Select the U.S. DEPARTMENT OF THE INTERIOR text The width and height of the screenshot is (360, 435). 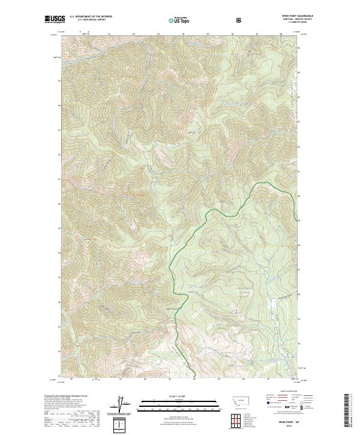91,16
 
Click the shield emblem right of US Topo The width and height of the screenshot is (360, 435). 239,19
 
